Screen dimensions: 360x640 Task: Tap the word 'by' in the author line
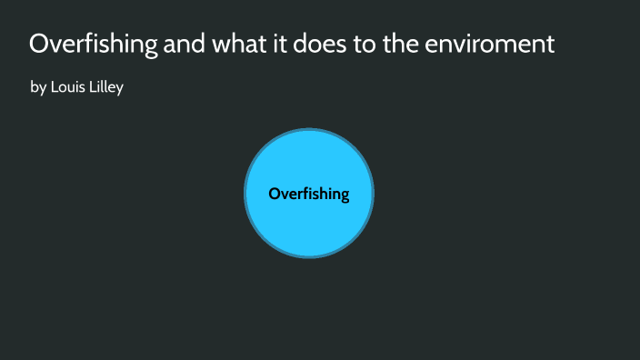(38, 89)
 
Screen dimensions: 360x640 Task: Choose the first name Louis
(68, 88)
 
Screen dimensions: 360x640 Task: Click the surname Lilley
(106, 88)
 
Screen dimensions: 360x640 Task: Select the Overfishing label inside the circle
(309, 194)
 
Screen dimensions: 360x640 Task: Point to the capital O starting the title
(39, 44)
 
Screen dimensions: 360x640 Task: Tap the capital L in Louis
(54, 88)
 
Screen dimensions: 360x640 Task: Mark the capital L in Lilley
(92, 88)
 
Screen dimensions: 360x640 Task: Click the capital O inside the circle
(274, 194)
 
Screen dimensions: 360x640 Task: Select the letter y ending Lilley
(119, 90)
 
